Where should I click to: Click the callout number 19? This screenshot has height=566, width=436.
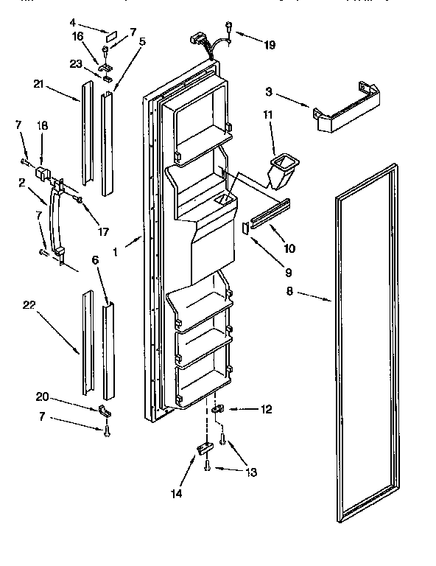pyautogui.click(x=270, y=46)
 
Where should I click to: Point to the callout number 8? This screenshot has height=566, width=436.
pyautogui.click(x=289, y=293)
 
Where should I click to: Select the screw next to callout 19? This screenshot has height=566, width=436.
pyautogui.click(x=230, y=29)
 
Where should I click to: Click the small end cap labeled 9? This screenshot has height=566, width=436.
pyautogui.click(x=245, y=227)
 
